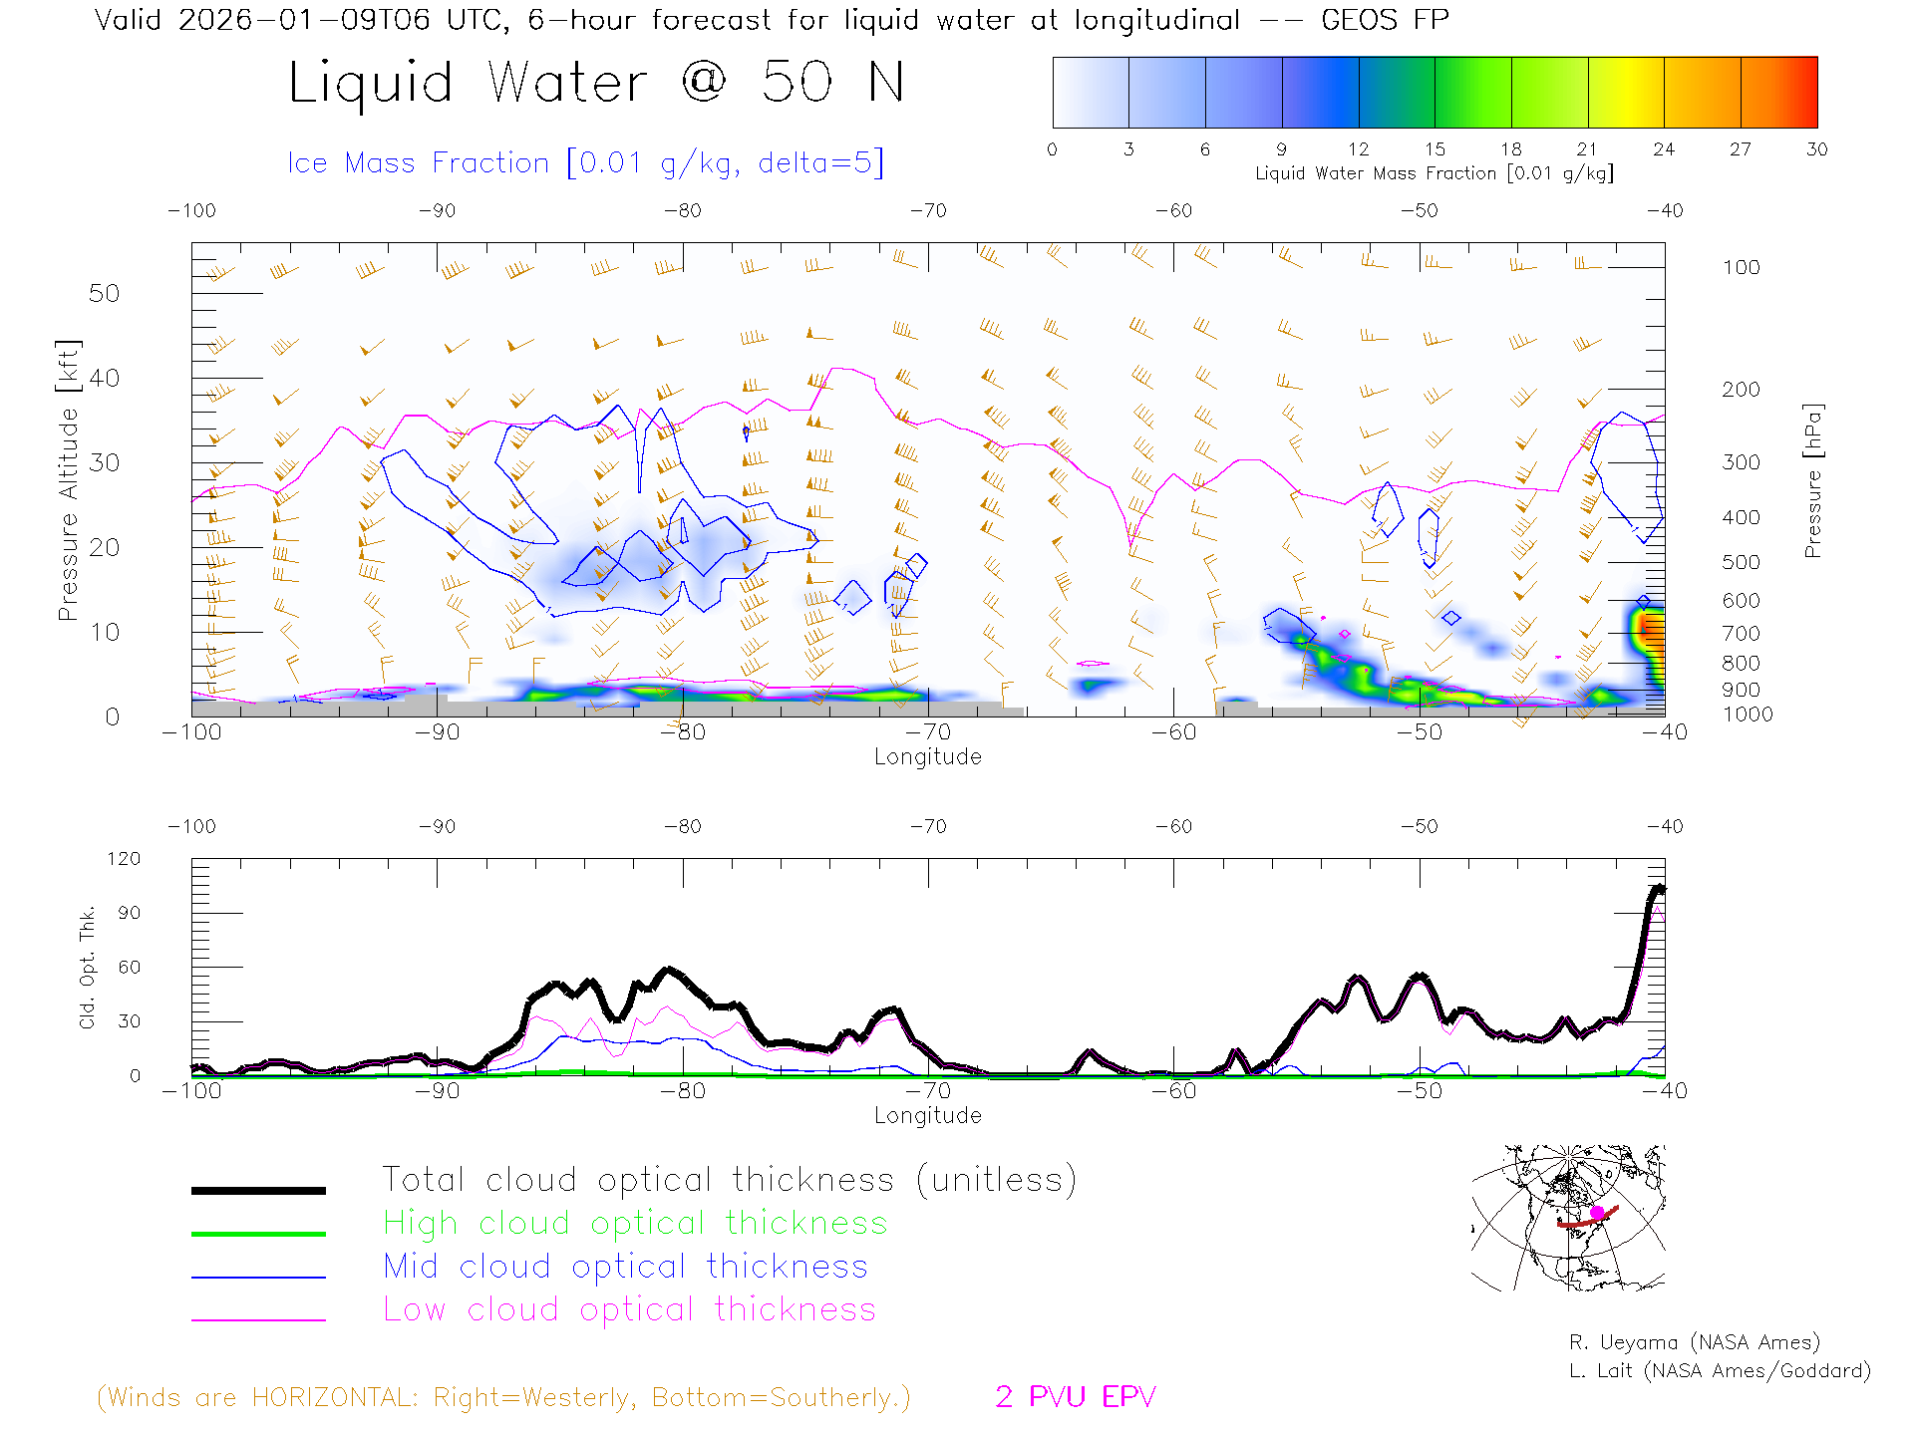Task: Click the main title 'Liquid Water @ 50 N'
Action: click(596, 83)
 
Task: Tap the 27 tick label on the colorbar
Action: click(1741, 149)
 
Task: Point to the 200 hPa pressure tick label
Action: click(1741, 390)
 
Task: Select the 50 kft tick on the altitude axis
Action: click(104, 293)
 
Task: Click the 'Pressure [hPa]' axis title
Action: click(1813, 480)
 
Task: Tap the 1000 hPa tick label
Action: click(1748, 715)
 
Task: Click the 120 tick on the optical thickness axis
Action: click(124, 859)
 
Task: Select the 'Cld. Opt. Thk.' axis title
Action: click(88, 967)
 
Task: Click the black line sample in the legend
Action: click(258, 1190)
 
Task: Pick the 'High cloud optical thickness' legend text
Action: click(635, 1223)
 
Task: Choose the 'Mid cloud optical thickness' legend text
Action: click(625, 1267)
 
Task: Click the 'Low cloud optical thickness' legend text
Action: click(629, 1309)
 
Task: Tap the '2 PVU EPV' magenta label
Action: click(1075, 1397)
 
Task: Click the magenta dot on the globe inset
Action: click(1597, 1212)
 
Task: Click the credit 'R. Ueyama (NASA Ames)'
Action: click(1694, 1342)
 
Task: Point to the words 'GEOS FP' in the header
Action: click(1385, 20)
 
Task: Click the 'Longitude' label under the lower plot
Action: click(927, 1115)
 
